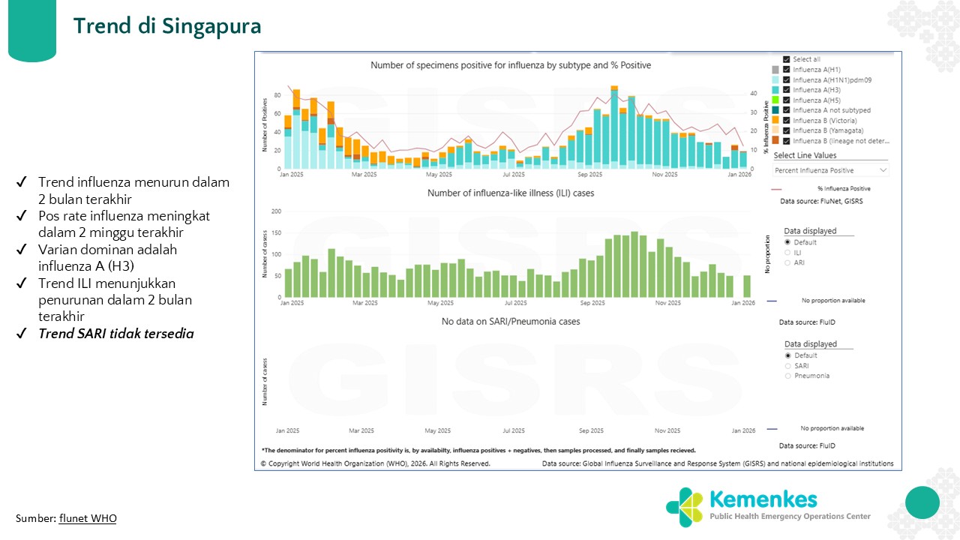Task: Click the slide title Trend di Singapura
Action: (x=167, y=26)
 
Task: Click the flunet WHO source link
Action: (x=88, y=518)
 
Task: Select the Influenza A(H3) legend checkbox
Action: (x=786, y=90)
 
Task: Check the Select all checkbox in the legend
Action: (x=786, y=59)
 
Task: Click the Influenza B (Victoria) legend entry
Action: (x=824, y=121)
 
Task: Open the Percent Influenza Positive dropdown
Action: (x=830, y=170)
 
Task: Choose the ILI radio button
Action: (x=787, y=253)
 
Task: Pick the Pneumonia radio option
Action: (x=787, y=376)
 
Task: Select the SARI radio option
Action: (x=787, y=366)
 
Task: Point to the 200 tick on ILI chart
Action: (x=276, y=211)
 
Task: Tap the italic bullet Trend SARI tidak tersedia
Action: (x=115, y=334)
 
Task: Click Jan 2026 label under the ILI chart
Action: (x=743, y=304)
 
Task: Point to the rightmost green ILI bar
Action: (x=747, y=286)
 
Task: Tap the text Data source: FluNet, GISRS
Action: (x=821, y=202)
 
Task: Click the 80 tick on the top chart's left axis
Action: (x=277, y=95)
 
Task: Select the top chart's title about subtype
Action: (x=510, y=66)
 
